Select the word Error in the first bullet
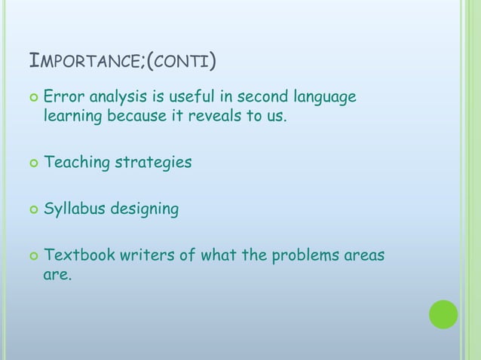(x=63, y=97)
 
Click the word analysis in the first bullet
(x=118, y=97)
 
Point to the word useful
(x=193, y=97)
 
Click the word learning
(x=73, y=117)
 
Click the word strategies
(x=152, y=163)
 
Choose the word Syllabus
(x=75, y=209)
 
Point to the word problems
(x=302, y=255)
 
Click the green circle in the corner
(x=443, y=314)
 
